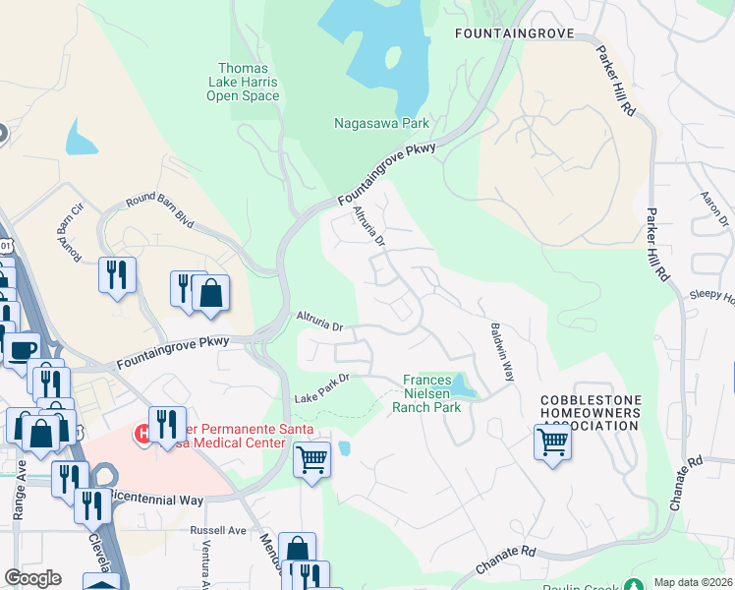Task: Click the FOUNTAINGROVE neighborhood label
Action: pos(512,33)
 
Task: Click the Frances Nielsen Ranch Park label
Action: pos(426,392)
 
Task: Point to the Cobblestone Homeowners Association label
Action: pos(591,414)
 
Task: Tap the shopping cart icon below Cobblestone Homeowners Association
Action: pos(553,442)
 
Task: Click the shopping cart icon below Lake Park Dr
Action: pos(311,458)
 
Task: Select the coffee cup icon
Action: pos(22,349)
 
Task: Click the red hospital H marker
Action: pos(144,433)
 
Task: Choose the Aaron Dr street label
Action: pos(714,208)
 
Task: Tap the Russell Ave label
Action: pos(218,530)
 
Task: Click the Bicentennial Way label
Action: pos(157,500)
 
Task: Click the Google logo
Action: pos(32,578)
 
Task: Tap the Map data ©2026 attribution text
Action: pos(693,582)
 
